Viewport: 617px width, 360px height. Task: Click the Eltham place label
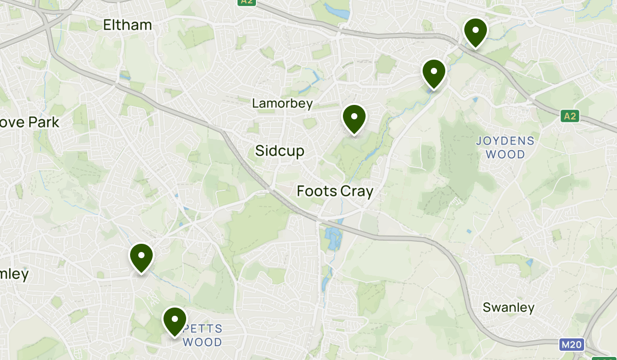pyautogui.click(x=128, y=25)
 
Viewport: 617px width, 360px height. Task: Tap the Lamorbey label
pyautogui.click(x=282, y=103)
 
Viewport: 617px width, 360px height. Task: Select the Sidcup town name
pyautogui.click(x=280, y=151)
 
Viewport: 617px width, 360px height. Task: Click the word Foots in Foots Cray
pyautogui.click(x=316, y=191)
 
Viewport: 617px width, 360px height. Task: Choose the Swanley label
pyautogui.click(x=509, y=308)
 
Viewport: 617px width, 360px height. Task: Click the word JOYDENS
pyautogui.click(x=505, y=140)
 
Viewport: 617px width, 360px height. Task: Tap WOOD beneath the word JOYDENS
pyautogui.click(x=505, y=154)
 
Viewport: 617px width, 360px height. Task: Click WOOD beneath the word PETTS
pyautogui.click(x=203, y=342)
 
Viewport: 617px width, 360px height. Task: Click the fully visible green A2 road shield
pyautogui.click(x=570, y=116)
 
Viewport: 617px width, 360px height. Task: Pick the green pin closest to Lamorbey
pyautogui.click(x=354, y=118)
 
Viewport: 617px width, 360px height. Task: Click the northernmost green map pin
pyautogui.click(x=475, y=32)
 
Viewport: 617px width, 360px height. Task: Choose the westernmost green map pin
pyautogui.click(x=141, y=257)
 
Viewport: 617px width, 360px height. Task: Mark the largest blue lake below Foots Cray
pyautogui.click(x=331, y=238)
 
